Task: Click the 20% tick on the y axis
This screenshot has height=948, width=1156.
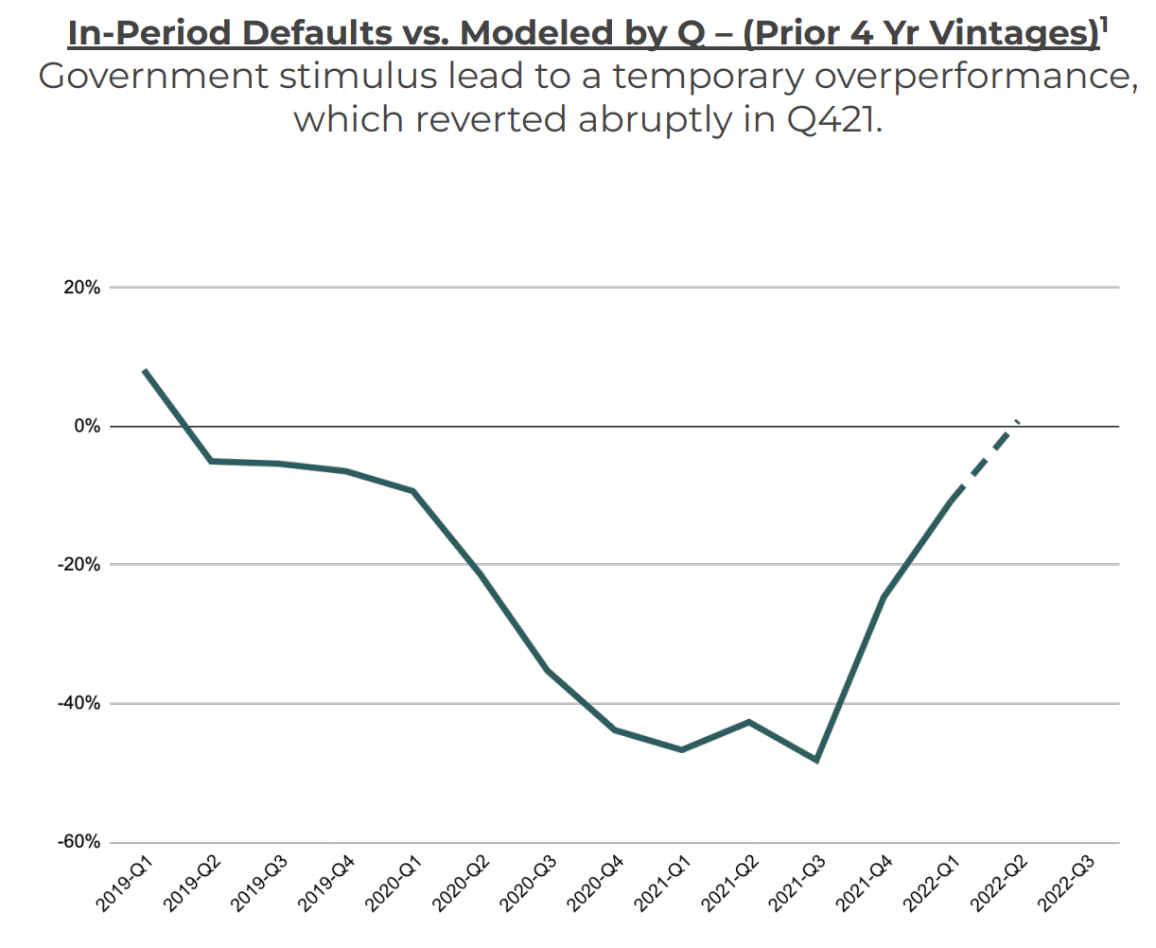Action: pos(81,288)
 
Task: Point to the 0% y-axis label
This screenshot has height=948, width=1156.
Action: pos(87,427)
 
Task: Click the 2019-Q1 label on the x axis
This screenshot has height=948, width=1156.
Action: pos(123,883)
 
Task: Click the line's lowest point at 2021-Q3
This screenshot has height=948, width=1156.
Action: pos(816,760)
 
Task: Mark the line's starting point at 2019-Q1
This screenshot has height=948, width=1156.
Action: pos(144,370)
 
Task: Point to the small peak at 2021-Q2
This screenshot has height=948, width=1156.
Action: pos(749,722)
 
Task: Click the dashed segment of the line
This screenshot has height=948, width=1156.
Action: pos(984,461)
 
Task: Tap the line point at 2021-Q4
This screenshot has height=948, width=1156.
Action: pos(884,597)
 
